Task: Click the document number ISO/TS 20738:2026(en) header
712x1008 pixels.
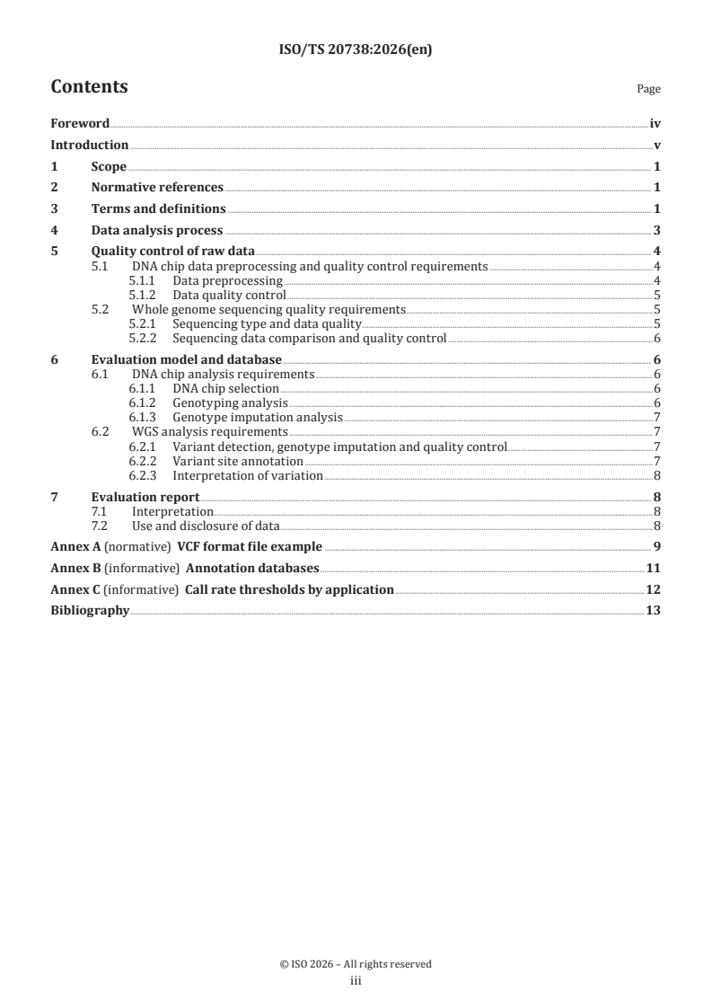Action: (x=356, y=52)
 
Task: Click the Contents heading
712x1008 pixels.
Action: (x=89, y=87)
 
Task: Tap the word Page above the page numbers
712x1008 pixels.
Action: (x=648, y=90)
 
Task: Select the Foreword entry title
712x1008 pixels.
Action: (x=80, y=124)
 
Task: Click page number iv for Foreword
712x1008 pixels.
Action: (x=655, y=124)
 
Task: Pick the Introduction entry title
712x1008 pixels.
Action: (x=89, y=146)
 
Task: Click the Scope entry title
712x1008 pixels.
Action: (x=109, y=167)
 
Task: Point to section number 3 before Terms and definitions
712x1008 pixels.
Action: (x=54, y=209)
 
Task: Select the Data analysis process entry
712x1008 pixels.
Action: (x=157, y=231)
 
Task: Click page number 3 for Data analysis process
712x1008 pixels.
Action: (x=657, y=231)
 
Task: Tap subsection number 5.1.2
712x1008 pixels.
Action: (x=144, y=295)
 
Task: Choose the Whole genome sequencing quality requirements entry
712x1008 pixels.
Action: (x=268, y=309)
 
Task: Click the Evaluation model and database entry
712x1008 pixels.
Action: (x=187, y=360)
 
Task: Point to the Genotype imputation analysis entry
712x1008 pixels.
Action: (x=258, y=417)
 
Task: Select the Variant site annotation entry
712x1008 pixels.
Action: (x=238, y=461)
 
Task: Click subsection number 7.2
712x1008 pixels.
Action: (x=101, y=526)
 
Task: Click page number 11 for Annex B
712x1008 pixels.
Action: (x=654, y=569)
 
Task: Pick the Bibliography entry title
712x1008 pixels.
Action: (x=90, y=612)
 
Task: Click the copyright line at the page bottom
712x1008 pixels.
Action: (x=356, y=964)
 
